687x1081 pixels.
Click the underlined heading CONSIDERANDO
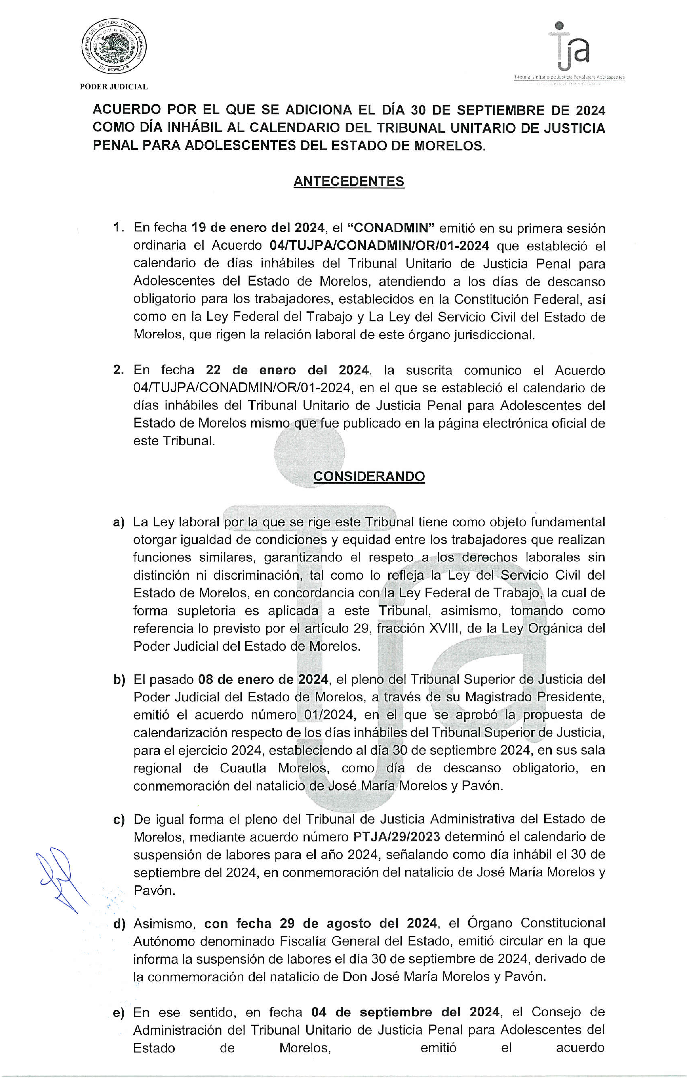369,476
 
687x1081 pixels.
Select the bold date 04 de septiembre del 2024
405,1012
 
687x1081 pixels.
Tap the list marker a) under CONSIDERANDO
119,523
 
